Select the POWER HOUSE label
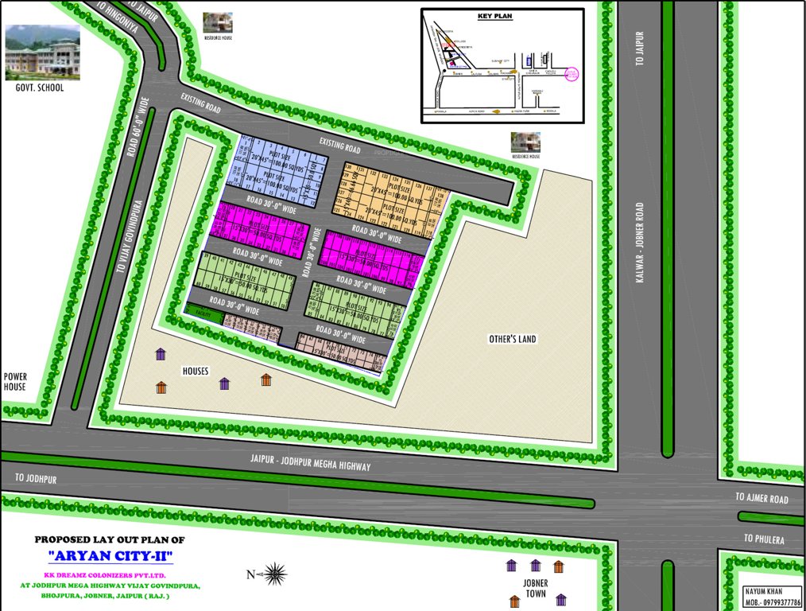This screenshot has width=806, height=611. point(15,382)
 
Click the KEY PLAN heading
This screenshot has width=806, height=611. point(496,16)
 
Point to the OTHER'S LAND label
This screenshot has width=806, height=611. point(512,339)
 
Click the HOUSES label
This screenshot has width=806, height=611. point(195,371)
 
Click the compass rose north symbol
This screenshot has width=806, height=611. point(275,573)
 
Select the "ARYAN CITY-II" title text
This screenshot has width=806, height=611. point(110,555)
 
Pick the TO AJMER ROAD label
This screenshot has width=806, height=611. point(761,499)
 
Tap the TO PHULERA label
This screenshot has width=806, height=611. point(764,539)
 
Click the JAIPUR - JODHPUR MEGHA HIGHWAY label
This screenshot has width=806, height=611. point(310,462)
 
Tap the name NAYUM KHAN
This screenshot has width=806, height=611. point(764,591)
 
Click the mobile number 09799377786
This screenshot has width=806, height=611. point(773,602)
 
